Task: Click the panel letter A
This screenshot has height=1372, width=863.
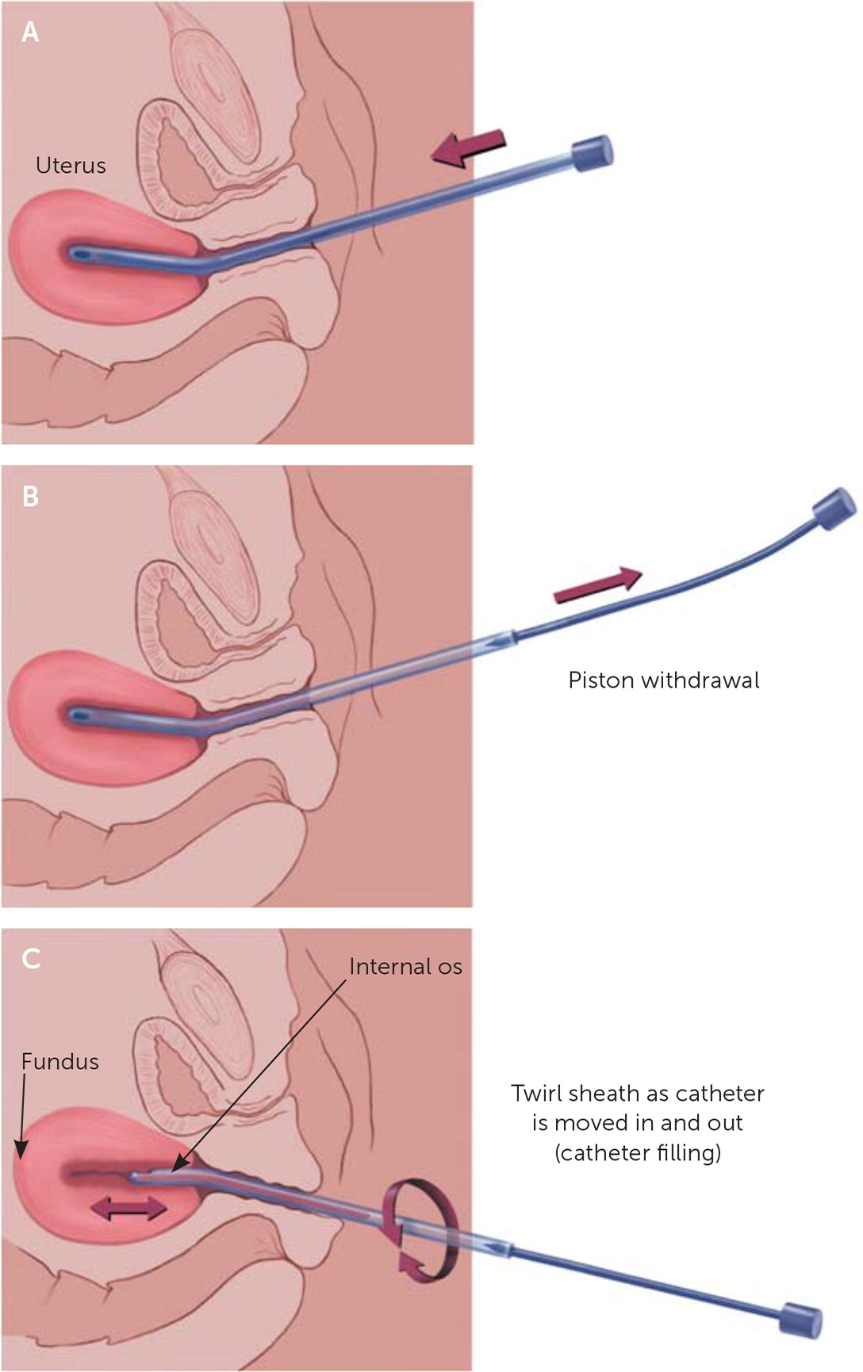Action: coord(30,32)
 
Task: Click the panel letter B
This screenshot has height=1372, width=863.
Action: coord(30,496)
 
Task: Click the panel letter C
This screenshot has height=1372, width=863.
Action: coord(31,959)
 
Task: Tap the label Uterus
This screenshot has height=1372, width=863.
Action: coord(71,165)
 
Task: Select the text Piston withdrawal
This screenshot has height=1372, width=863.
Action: coord(663,680)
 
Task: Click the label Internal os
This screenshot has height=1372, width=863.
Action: coord(405,967)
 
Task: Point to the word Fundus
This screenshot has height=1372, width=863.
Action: coord(60,1062)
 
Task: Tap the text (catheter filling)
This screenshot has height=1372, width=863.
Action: coord(638,1152)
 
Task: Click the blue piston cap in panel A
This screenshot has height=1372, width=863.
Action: coord(592,154)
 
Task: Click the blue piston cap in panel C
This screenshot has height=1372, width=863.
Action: coord(800,1320)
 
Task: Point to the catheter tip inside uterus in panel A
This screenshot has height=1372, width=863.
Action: coord(80,255)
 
